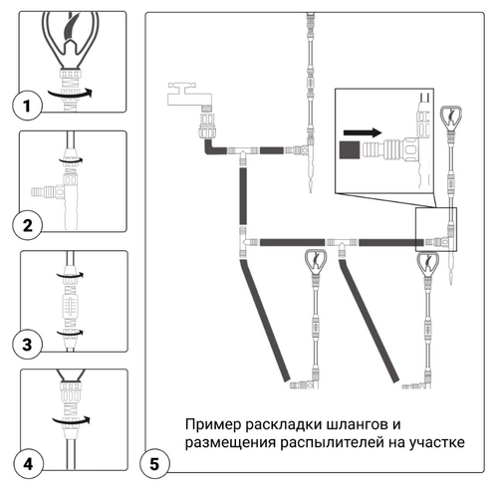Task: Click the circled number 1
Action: (x=27, y=107)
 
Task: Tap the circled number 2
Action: (x=28, y=225)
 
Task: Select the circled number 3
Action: (x=28, y=345)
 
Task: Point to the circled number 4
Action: (x=28, y=463)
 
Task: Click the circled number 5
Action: (x=154, y=464)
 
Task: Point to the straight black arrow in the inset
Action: (x=363, y=132)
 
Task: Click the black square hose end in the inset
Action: (x=350, y=149)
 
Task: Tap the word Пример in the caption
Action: (x=213, y=424)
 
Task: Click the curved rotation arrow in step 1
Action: (x=70, y=94)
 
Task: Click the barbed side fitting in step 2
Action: (x=43, y=192)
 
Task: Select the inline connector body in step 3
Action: (x=71, y=304)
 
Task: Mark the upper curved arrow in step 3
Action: (x=70, y=276)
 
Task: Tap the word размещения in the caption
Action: (x=230, y=443)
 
